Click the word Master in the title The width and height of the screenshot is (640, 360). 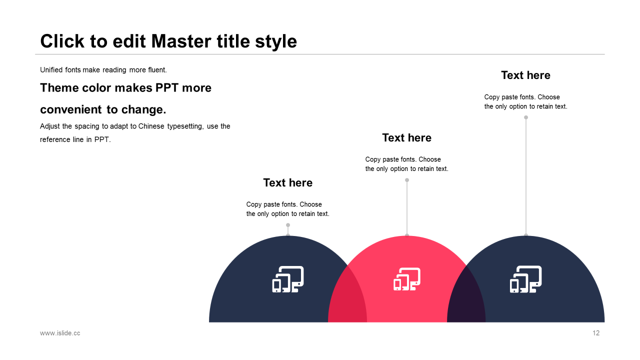click(181, 41)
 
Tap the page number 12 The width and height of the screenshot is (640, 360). click(596, 333)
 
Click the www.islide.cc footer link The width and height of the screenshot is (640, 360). click(60, 333)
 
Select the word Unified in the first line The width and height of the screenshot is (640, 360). click(51, 69)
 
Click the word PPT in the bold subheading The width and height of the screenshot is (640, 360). click(167, 87)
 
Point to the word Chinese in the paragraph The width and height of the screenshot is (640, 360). click(151, 126)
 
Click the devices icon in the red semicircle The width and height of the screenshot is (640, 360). click(407, 279)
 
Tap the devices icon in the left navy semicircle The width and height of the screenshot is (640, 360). click(288, 279)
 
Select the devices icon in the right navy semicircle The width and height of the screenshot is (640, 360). click(525, 279)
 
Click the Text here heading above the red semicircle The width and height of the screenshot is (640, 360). click(407, 137)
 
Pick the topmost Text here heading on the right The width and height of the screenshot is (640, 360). click(525, 75)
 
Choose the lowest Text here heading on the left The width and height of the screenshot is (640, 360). click(287, 182)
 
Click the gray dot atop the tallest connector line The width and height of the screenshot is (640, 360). click(526, 117)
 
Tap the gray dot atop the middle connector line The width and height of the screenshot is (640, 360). click(407, 180)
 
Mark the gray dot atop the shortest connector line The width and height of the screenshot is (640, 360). click(288, 225)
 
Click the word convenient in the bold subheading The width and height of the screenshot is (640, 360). click(71, 109)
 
